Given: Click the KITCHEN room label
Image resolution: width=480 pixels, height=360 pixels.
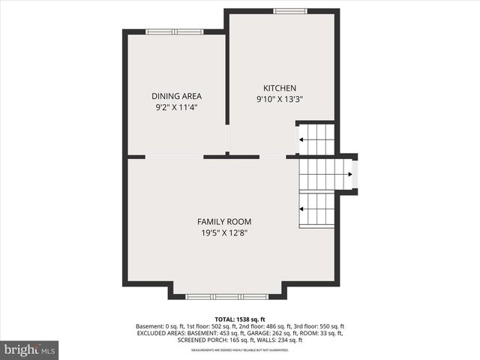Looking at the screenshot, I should click(x=279, y=88).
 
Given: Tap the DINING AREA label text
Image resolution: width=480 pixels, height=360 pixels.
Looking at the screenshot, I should click(x=176, y=96).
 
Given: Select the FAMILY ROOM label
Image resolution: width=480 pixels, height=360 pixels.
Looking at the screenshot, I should click(x=223, y=222).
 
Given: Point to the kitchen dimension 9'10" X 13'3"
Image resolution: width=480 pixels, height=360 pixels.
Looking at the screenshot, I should click(x=279, y=99).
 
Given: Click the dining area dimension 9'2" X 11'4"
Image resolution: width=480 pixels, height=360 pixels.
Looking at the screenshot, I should click(x=176, y=107).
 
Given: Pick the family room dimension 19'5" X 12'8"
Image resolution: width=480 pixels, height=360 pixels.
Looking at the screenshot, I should click(x=223, y=233).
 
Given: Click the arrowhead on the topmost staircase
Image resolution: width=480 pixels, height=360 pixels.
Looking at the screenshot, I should click(x=301, y=139).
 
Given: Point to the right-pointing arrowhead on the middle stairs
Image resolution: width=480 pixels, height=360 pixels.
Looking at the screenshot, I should click(x=350, y=175).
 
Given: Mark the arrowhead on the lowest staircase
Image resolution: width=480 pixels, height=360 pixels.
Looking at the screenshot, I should click(x=301, y=209).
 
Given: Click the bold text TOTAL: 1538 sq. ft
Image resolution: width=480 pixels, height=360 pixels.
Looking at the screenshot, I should click(x=239, y=319).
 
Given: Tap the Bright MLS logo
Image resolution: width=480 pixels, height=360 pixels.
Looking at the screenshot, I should click(x=30, y=349).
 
